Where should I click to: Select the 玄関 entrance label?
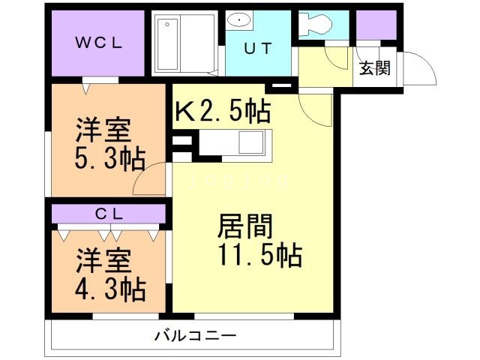click(x=375, y=68)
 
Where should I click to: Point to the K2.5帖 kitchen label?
click(x=223, y=112)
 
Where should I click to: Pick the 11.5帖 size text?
click(x=259, y=256)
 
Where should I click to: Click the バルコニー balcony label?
click(x=196, y=334)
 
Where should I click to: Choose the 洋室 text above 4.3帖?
click(x=103, y=260)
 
